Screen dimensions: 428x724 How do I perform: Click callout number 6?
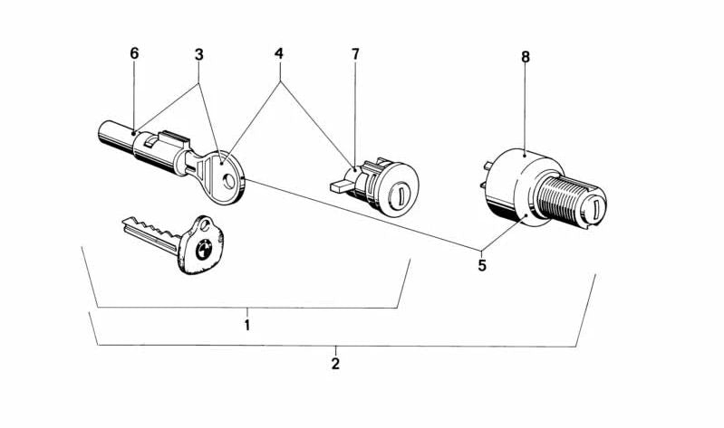pyautogui.click(x=134, y=53)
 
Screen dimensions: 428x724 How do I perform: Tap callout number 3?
pyautogui.click(x=198, y=54)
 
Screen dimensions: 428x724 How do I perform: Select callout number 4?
pyautogui.click(x=279, y=54)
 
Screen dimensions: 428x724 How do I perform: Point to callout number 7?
pyautogui.click(x=355, y=54)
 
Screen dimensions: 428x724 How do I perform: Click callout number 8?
pyautogui.click(x=526, y=57)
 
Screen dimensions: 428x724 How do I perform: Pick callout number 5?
pyautogui.click(x=482, y=266)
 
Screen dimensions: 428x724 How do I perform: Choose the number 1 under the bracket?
pyautogui.click(x=246, y=324)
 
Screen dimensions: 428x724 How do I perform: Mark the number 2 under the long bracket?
pyautogui.click(x=335, y=364)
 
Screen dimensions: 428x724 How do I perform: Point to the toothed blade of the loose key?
pyautogui.click(x=149, y=231)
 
